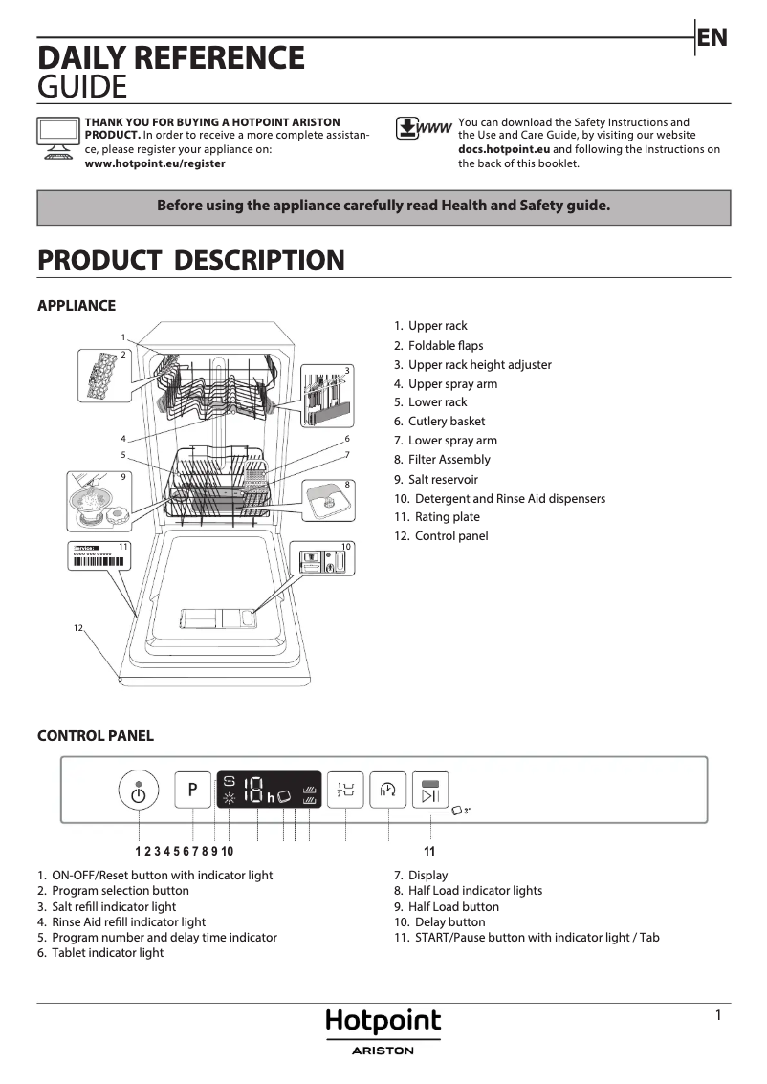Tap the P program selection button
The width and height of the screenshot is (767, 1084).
192,790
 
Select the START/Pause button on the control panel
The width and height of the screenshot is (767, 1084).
429,791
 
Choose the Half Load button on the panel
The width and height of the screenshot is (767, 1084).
345,790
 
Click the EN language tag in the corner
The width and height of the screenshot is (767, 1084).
712,38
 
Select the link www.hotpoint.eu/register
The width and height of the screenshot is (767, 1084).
155,163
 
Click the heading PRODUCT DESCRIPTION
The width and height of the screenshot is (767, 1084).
190,260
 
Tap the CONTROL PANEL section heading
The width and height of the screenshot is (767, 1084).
95,736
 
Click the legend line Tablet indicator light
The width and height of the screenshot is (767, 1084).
100,953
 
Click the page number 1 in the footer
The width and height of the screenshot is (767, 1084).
718,1016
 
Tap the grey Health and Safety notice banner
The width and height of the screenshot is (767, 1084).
383,206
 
